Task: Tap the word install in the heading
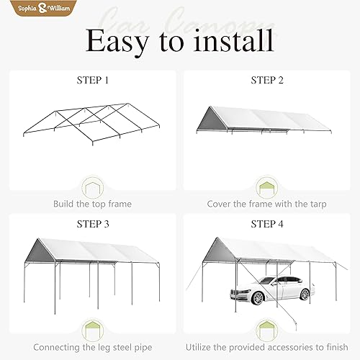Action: click(235, 41)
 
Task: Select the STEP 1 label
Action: click(93, 80)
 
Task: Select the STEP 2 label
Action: click(267, 80)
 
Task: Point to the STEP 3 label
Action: click(93, 224)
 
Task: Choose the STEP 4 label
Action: click(267, 224)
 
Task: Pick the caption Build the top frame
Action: click(93, 204)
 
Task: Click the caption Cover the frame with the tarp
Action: click(267, 204)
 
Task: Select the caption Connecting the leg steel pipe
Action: click(93, 348)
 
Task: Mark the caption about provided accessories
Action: click(267, 348)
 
